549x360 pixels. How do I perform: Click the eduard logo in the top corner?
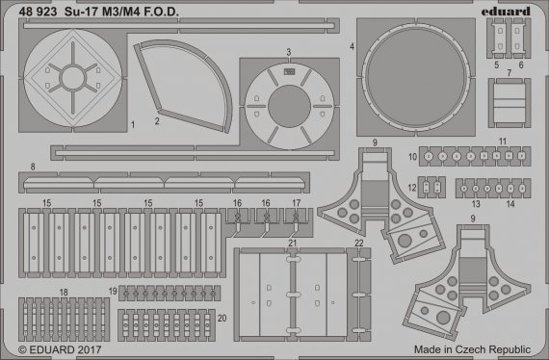(508, 12)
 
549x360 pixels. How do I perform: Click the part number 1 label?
(132, 125)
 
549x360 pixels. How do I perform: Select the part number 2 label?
(156, 122)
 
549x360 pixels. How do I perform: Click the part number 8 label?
(33, 167)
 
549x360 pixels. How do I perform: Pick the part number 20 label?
(222, 318)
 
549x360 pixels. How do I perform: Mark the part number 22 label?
(358, 244)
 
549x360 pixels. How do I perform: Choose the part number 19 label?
(113, 291)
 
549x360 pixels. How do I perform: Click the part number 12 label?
(411, 187)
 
